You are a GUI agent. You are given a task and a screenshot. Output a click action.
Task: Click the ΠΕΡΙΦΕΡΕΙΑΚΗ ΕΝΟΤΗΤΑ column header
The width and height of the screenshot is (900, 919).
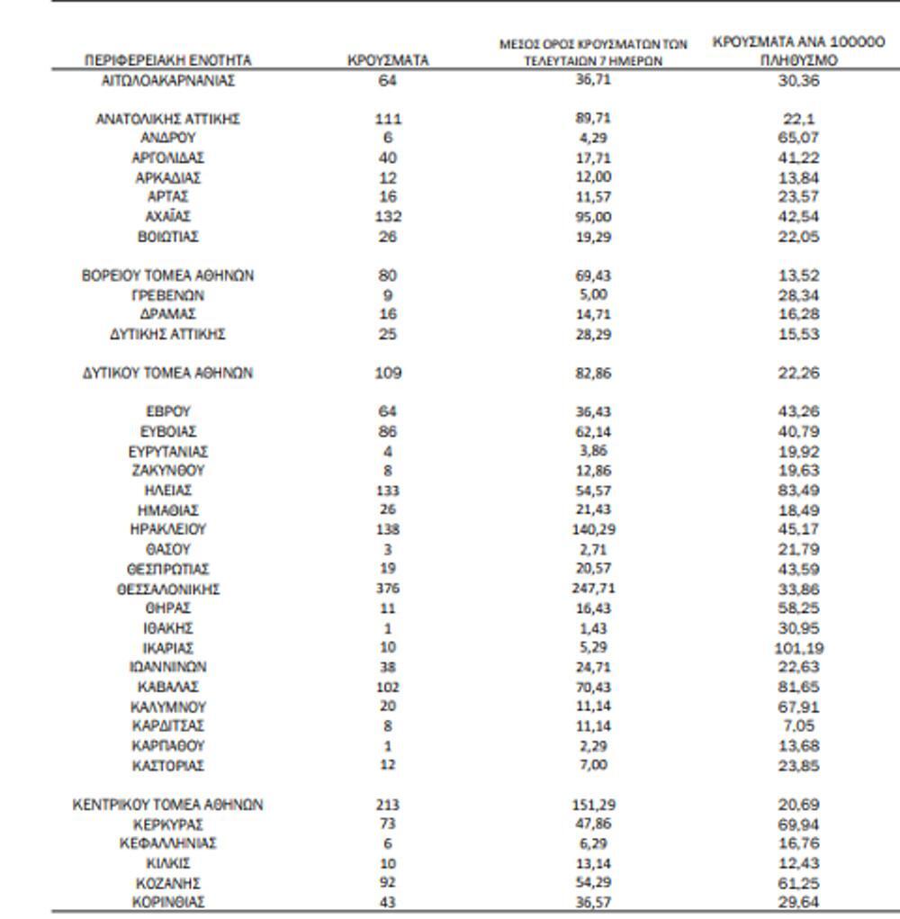pos(167,60)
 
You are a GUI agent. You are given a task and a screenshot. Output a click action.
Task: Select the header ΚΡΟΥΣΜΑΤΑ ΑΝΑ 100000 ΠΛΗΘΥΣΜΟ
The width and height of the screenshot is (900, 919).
pos(798,51)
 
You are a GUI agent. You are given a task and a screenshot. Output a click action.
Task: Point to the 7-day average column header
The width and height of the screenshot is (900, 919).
pos(593,52)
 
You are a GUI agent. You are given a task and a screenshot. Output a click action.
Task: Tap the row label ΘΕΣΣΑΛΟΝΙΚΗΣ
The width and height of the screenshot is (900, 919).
pos(167,590)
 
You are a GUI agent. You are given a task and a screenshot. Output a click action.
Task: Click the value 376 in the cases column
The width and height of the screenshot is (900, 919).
pos(388,589)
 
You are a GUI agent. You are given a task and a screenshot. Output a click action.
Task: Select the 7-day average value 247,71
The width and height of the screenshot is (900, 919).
pos(592,589)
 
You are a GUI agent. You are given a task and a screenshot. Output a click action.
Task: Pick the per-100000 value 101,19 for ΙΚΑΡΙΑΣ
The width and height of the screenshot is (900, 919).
pos(798,648)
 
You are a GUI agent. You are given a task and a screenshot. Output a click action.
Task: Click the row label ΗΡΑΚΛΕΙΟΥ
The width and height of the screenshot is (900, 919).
pos(167,529)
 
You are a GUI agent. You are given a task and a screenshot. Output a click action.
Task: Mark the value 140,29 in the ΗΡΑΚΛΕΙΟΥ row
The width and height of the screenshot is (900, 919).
pos(592,529)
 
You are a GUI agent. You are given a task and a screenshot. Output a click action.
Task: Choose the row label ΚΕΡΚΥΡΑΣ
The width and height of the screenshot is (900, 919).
pos(167,824)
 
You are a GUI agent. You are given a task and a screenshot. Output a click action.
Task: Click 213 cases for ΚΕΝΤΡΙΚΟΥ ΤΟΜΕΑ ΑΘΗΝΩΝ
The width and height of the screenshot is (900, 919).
pos(388,805)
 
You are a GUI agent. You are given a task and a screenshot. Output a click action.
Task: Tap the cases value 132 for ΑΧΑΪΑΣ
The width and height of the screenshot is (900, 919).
pos(388,216)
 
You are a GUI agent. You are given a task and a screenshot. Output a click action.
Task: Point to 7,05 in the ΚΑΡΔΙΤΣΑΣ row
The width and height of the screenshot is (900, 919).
pos(798,725)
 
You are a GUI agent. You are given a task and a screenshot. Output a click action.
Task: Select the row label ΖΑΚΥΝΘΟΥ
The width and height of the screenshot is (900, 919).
pos(167,471)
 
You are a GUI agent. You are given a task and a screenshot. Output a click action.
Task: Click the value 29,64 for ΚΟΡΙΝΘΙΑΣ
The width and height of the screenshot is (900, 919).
pos(798,903)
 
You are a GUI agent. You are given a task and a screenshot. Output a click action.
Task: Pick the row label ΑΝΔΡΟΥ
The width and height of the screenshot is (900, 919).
pos(167,138)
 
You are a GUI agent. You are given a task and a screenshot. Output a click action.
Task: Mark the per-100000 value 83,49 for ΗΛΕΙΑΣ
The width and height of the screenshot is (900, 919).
pos(798,491)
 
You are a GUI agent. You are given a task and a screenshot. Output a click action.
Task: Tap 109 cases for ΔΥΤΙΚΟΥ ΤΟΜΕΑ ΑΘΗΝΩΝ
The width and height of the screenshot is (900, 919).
pos(388,373)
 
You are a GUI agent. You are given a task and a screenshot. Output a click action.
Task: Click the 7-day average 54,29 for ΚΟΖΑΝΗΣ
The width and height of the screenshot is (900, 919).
pos(592,883)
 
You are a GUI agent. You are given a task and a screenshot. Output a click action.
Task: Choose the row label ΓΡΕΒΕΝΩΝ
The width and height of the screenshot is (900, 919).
pos(167,294)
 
